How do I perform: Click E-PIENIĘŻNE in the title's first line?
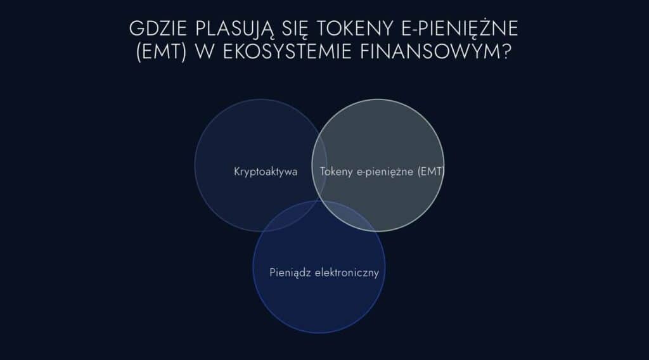point(460,28)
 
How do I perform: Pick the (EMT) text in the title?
point(161,52)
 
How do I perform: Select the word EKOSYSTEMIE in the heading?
point(287,52)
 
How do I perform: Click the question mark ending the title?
point(506,52)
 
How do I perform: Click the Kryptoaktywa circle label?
point(266,172)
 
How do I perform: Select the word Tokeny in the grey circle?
point(336,172)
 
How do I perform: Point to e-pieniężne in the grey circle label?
point(385,172)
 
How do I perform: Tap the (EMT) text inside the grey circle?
point(431,171)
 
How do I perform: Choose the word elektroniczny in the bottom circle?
point(347,273)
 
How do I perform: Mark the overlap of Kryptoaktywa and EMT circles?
point(319,165)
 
